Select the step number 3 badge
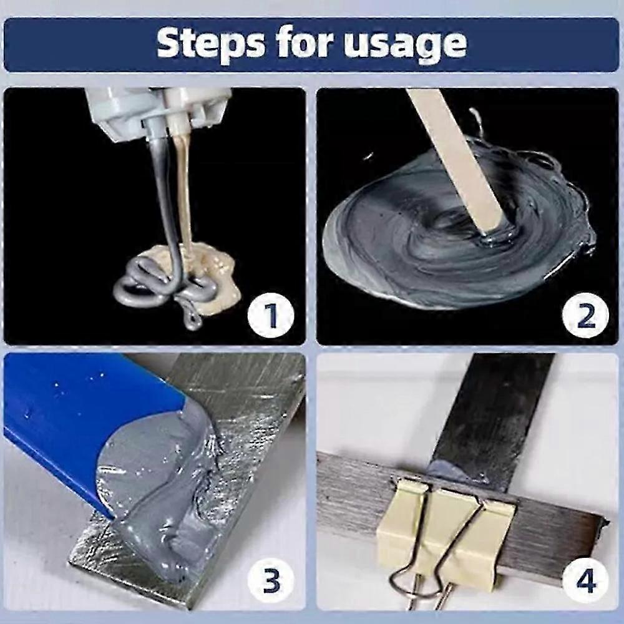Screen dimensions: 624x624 tap(271, 583)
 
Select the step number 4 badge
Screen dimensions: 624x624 tap(585, 583)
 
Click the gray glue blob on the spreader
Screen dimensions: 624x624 tap(162, 493)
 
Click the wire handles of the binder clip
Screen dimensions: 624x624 tap(431, 574)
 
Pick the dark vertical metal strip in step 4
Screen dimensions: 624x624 tap(493, 412)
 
